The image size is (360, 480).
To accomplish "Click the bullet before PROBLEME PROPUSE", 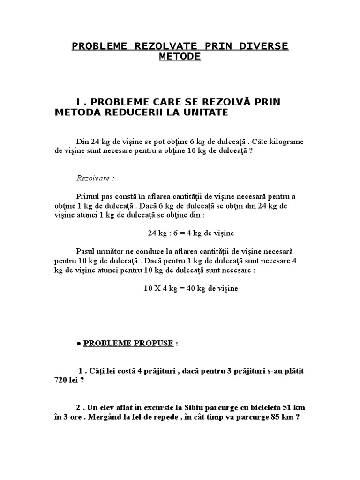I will click(x=78, y=343).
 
